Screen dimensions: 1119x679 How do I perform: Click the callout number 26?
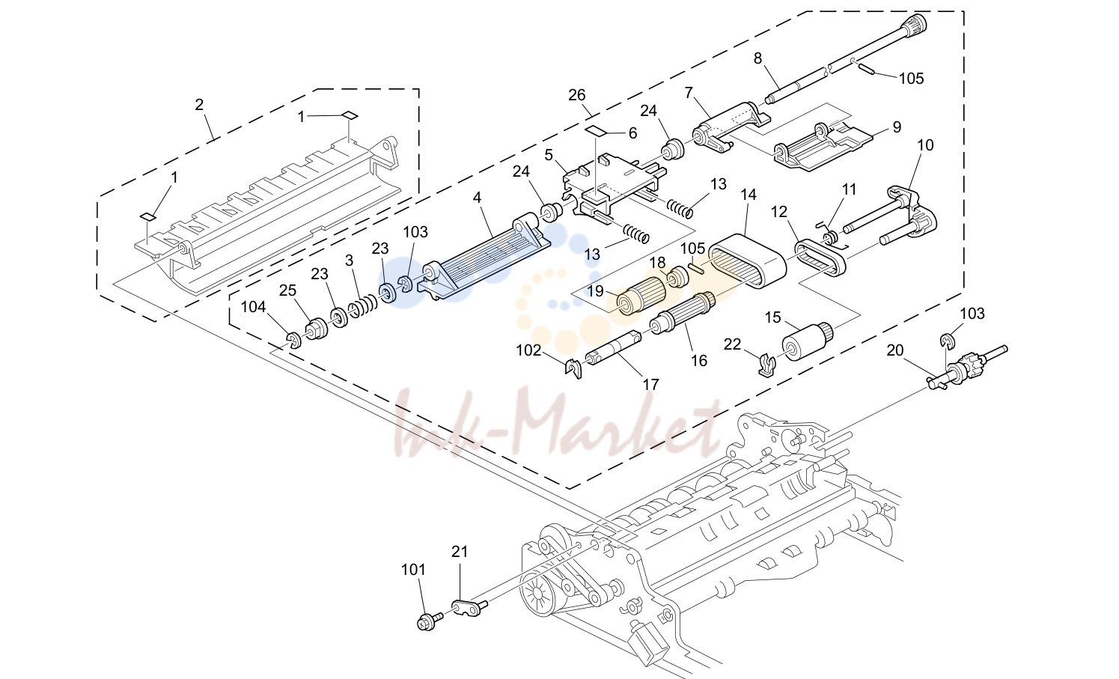coord(576,95)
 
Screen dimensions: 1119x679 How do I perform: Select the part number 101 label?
coord(413,570)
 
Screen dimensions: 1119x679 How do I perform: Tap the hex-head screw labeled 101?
coord(429,621)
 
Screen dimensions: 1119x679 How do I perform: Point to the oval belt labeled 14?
coord(747,261)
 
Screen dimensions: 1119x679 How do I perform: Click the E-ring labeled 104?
coord(294,341)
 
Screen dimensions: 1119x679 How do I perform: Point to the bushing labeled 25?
coord(316,329)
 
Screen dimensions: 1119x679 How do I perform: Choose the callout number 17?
coord(651,384)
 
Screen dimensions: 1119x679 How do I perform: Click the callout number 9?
coord(897,127)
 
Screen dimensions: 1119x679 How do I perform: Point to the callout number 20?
coord(894,351)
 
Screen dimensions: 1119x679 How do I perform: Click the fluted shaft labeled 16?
coord(683,313)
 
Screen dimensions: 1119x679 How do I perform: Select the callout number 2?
coord(199,104)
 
